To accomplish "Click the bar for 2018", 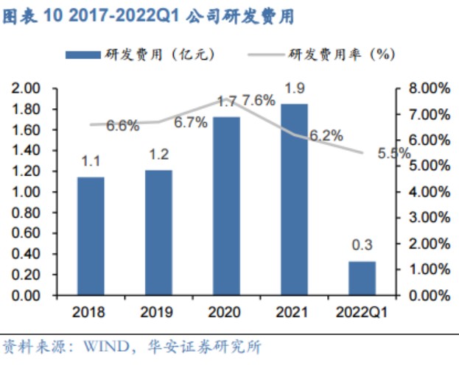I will (91, 235).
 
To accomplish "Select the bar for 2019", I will (158, 233).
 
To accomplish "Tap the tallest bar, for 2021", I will (294, 199).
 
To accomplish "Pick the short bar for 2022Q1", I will (362, 278).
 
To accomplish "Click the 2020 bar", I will (226, 206).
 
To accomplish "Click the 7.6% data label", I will (259, 100).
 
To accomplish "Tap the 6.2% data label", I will (326, 135).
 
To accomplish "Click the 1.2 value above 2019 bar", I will (158, 155).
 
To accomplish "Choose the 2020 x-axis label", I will (226, 312).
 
